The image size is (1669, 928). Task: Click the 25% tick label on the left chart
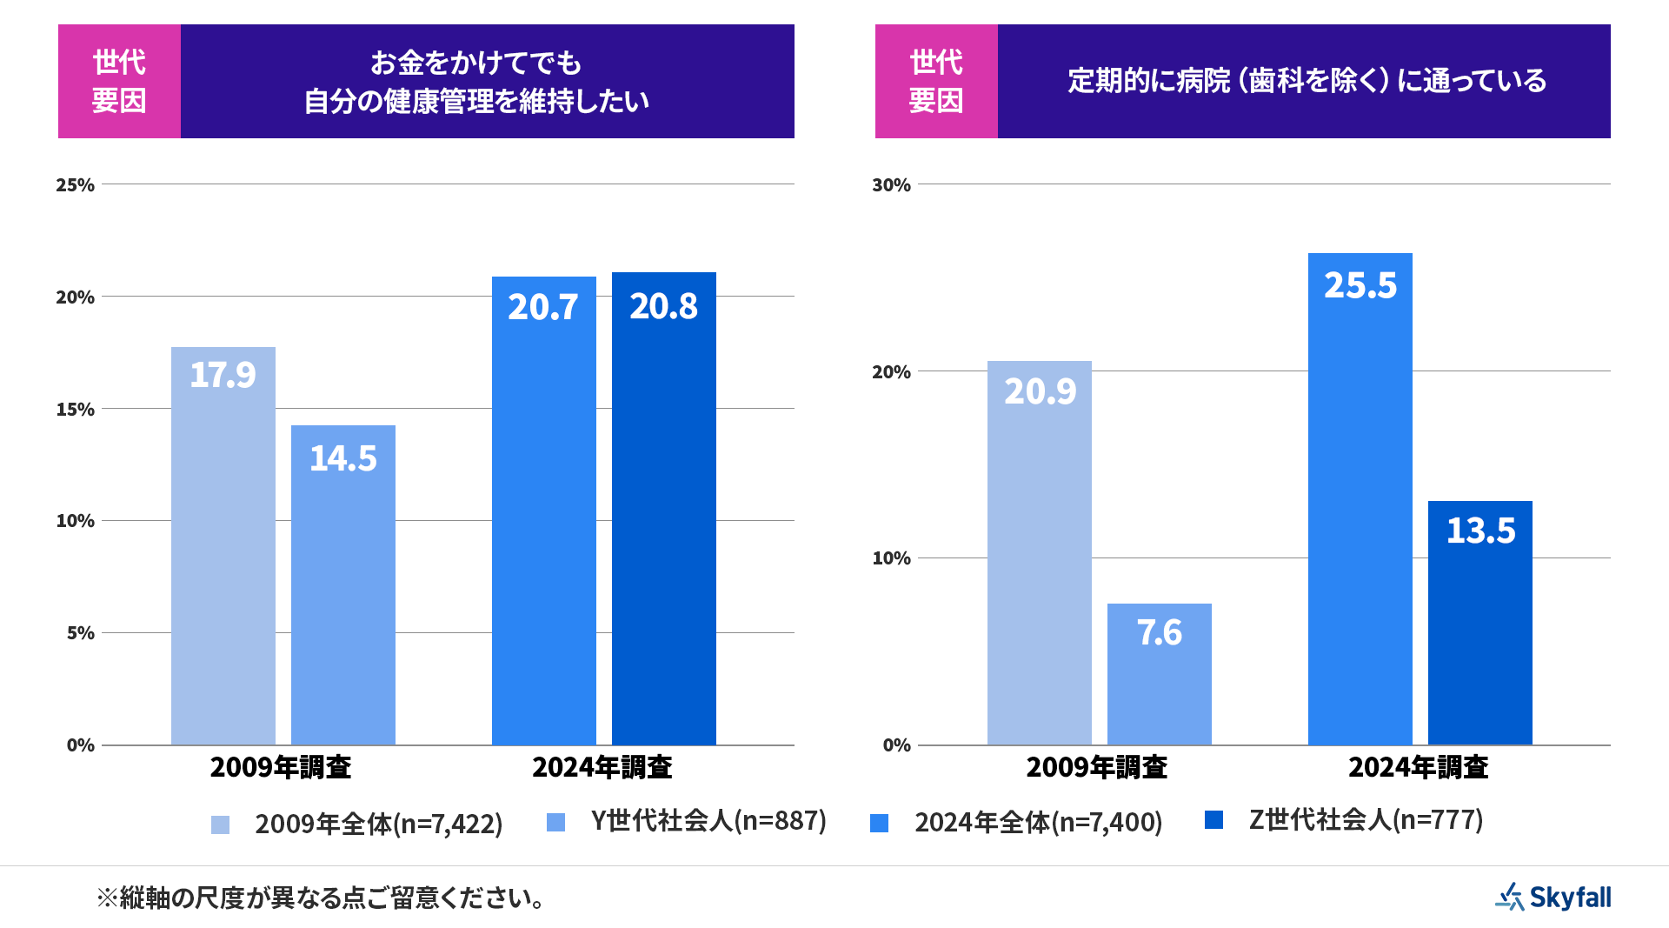76,184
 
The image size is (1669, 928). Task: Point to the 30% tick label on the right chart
892,184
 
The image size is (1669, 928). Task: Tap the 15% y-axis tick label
76,409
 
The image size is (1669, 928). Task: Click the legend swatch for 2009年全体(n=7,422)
221,825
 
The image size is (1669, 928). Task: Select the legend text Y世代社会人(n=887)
708,820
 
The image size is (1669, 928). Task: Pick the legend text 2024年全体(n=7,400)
1038,822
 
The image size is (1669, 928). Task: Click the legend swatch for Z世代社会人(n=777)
1214,819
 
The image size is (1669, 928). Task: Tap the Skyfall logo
1553,897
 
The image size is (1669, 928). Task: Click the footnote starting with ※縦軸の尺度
322,898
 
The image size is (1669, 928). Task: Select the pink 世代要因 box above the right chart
936,81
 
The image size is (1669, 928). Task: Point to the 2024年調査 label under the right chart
1419,767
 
